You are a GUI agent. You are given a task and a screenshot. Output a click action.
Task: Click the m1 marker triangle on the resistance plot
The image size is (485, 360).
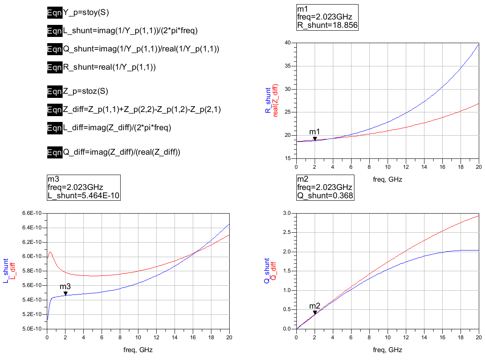coord(315,139)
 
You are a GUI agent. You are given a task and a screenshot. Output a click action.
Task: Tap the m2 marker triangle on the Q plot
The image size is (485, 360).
coord(315,313)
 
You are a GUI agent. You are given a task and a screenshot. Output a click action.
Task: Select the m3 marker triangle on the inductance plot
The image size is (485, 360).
coord(65,293)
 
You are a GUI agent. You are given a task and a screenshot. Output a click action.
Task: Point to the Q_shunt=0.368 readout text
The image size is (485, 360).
coord(326,195)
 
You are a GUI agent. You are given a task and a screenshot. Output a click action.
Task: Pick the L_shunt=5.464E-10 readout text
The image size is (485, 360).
coord(84,195)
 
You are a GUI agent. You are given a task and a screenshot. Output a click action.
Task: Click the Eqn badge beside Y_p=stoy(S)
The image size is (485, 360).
coord(55,12)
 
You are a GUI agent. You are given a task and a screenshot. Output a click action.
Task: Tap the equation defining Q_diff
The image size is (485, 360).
coord(122,152)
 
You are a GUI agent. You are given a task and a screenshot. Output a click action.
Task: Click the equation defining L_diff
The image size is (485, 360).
coord(117,128)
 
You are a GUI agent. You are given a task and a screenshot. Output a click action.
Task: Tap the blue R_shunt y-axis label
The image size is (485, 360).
coord(268,101)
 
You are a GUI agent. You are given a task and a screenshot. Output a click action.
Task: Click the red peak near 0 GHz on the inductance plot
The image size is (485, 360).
coord(50,252)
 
